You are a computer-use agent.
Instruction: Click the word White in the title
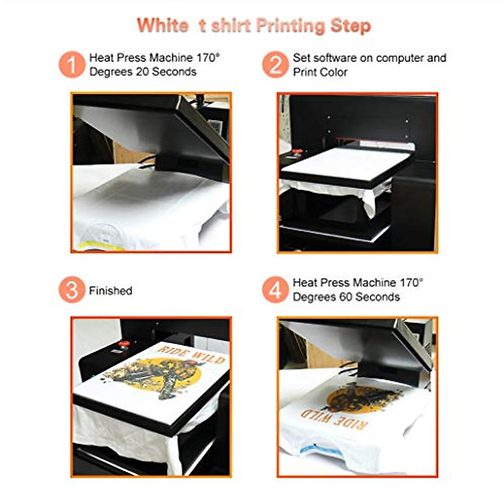[163, 26]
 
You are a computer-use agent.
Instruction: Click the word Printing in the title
[290, 26]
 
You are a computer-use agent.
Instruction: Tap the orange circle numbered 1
[71, 65]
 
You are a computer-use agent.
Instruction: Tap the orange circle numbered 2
[275, 65]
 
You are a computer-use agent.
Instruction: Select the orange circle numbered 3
[71, 290]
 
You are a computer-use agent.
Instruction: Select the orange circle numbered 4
[275, 290]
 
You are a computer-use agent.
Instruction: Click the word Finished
[110, 291]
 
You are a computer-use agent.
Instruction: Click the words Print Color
[320, 72]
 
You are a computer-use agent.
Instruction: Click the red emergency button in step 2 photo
[297, 152]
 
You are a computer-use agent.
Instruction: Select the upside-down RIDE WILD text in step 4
[334, 418]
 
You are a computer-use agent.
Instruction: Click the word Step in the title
[351, 26]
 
